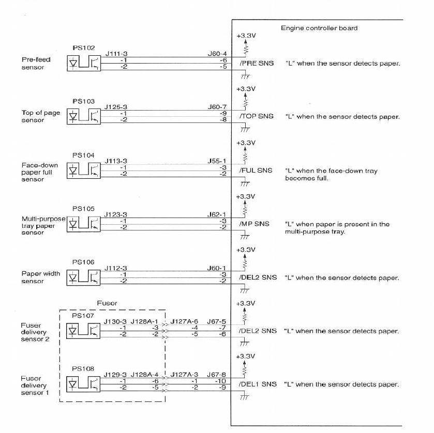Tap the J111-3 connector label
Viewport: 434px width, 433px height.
116,53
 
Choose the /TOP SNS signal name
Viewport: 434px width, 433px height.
256,117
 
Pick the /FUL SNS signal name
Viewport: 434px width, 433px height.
256,171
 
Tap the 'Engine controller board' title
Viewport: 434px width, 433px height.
319,28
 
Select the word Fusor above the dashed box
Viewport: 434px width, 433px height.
108,303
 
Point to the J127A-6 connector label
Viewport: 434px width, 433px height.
185,321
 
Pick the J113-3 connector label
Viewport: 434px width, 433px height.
116,161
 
